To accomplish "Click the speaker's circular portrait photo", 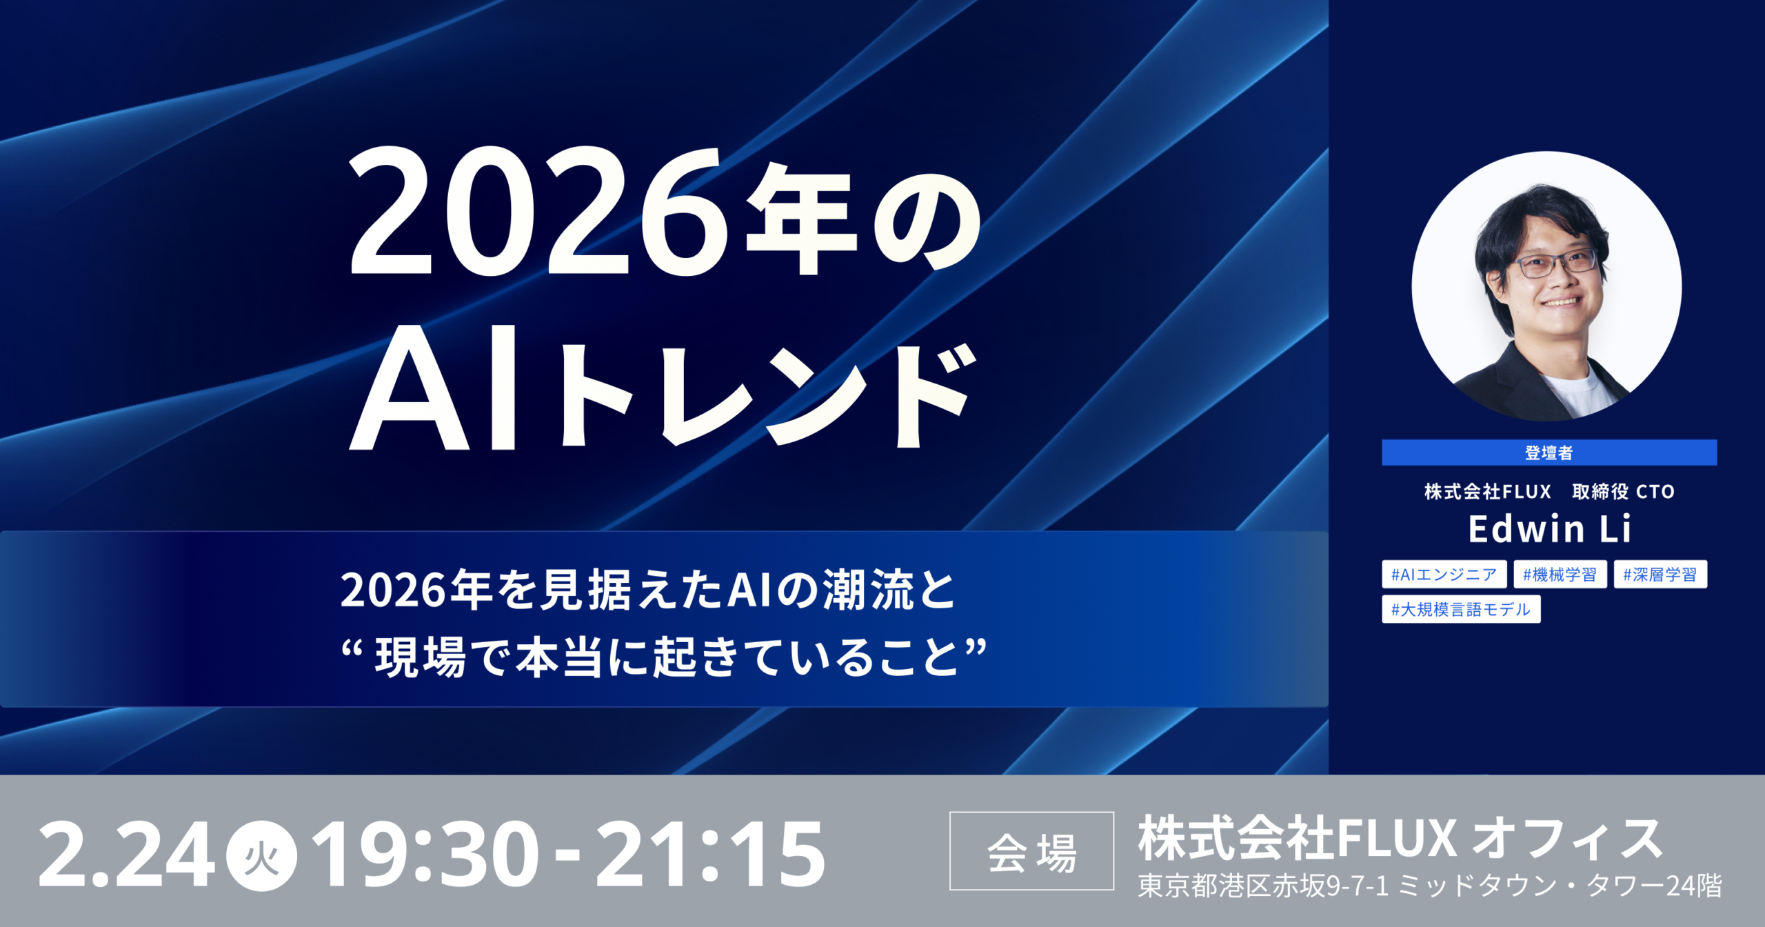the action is (1546, 286).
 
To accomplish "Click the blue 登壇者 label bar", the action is (1549, 452).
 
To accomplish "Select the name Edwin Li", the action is (1549, 529).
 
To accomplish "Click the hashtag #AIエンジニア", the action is (1444, 574).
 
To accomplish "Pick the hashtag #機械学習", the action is (1560, 574).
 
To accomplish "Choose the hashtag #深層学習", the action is (1660, 574).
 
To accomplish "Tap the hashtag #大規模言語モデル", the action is (1461, 609).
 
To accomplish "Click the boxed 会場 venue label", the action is (1031, 851).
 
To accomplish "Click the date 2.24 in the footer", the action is (127, 855).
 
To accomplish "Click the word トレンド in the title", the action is (769, 396).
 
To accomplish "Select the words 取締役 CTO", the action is (1623, 492).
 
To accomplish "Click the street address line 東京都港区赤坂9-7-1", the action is (1263, 886).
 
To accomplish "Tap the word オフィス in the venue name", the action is (1567, 839).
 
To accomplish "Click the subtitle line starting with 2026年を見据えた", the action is (648, 590).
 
